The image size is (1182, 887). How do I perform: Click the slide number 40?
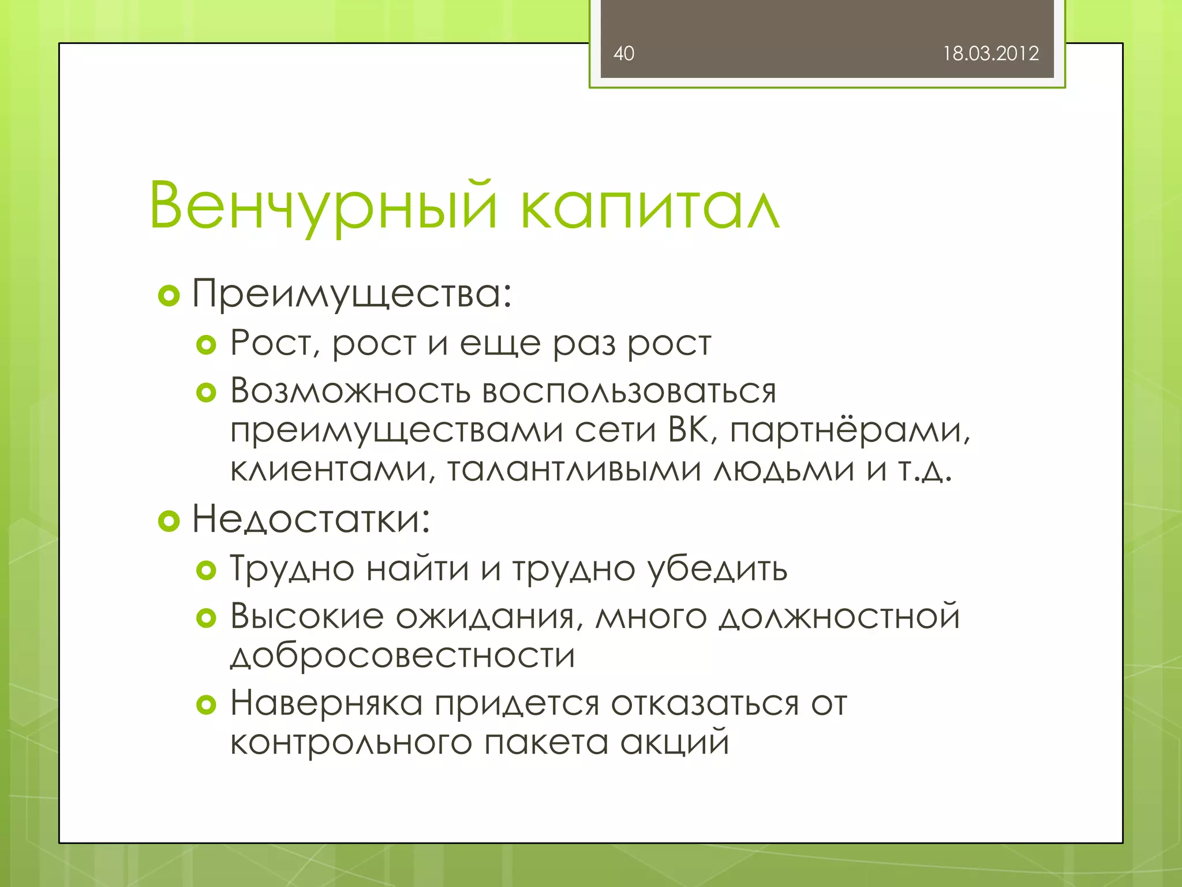click(x=624, y=54)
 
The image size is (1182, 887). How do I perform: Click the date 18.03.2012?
click(x=990, y=54)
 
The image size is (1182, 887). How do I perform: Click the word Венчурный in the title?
click(x=323, y=207)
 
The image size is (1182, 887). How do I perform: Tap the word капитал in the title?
click(x=650, y=207)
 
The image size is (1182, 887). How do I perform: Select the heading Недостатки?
click(x=311, y=519)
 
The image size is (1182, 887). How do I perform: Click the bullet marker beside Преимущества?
click(x=169, y=296)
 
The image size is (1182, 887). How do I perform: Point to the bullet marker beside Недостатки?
click(x=169, y=521)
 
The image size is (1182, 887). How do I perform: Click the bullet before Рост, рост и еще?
click(x=206, y=345)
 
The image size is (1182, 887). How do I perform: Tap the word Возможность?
click(x=350, y=391)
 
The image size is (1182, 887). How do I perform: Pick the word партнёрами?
click(x=850, y=431)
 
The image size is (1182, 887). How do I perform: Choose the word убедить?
click(x=717, y=569)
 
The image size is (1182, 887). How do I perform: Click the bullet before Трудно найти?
click(x=206, y=571)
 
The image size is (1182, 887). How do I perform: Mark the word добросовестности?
click(x=403, y=656)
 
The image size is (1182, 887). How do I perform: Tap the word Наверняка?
click(x=327, y=703)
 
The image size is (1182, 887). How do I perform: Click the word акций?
click(x=675, y=743)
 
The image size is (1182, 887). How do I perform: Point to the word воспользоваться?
click(x=629, y=391)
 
